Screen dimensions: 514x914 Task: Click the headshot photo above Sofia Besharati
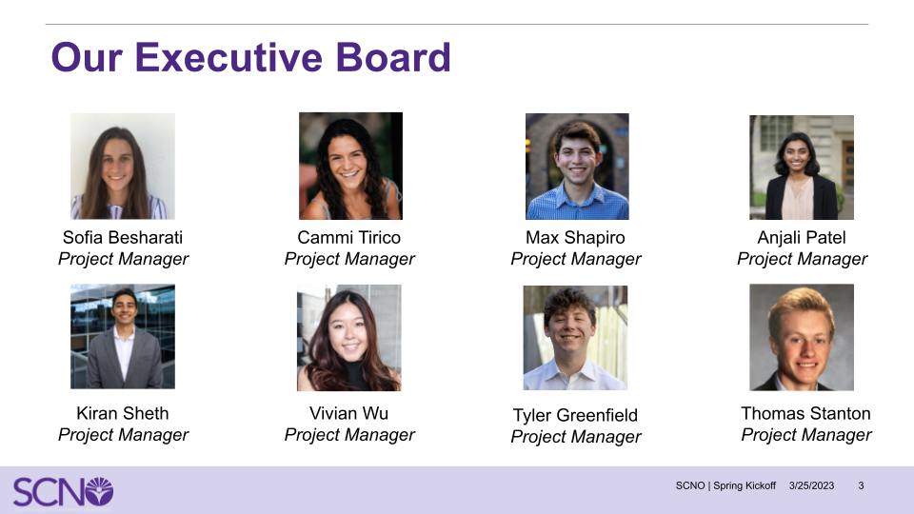123,167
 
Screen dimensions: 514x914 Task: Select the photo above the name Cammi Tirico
350,167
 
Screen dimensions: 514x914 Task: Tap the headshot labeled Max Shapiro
577,167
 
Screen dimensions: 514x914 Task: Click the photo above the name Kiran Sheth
123,336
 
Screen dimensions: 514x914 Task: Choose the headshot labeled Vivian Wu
349,338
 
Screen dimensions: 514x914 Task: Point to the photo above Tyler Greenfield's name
575,338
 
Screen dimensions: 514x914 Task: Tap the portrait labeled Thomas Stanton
802,337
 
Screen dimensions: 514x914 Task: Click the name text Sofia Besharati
123,237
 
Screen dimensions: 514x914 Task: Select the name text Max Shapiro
575,237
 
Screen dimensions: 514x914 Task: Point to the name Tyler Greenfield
575,415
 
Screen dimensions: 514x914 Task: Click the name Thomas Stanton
805,413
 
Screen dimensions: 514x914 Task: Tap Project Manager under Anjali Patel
802,259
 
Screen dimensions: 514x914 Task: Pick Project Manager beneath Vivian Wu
349,435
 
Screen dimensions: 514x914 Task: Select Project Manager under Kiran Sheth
123,435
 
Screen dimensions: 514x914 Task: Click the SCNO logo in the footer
63,491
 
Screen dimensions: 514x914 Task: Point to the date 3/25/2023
811,485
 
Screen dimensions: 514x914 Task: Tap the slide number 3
861,485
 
